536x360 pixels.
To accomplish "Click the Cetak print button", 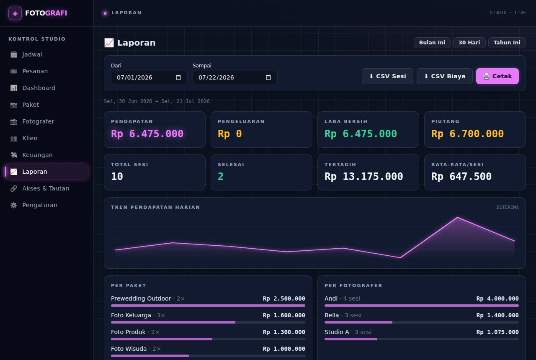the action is [497, 76].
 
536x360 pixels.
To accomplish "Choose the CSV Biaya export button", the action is [445, 76].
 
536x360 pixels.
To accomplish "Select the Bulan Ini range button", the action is [432, 43].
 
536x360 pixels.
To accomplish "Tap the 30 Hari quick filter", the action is [469, 43].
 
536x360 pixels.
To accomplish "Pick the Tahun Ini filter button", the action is [507, 43].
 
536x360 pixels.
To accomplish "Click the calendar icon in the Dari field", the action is [178, 77].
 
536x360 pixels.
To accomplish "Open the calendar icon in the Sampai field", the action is [268, 77].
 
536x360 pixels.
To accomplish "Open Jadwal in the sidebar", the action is [32, 54].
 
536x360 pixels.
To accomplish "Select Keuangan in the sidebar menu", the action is [37, 155].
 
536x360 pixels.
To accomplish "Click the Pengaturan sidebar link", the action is [40, 205].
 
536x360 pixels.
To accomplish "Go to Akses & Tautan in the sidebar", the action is [46, 188].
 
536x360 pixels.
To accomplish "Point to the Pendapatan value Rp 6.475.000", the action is [147, 134].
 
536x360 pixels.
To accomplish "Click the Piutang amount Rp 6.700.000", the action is [467, 134].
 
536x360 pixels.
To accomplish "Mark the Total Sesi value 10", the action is [117, 177].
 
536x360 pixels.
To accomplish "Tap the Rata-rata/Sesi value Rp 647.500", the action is [461, 177].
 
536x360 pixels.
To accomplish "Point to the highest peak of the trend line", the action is [458, 217].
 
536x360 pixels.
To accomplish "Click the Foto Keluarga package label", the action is [131, 315].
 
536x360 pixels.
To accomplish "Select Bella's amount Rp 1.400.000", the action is [497, 315].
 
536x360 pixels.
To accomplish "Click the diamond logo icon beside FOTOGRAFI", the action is [15, 13].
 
